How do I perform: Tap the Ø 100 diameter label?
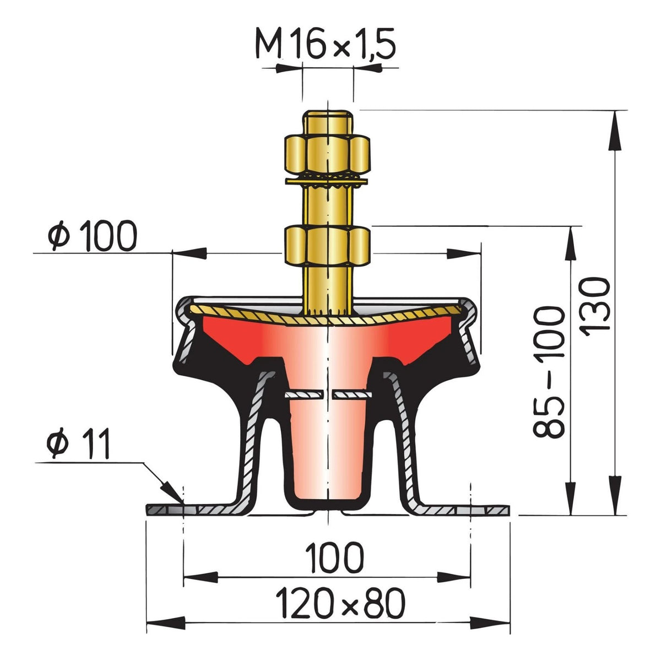93,236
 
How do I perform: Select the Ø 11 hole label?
78,443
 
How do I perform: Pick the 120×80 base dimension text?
340,603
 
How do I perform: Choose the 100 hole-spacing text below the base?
334,557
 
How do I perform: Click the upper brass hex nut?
327,154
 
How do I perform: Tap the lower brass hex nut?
327,246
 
